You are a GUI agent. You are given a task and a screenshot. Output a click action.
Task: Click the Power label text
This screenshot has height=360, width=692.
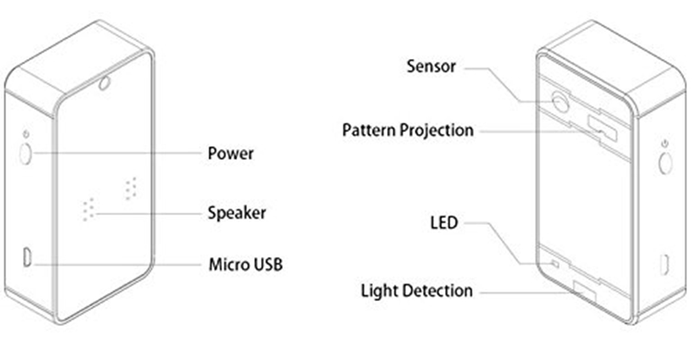pos(230,153)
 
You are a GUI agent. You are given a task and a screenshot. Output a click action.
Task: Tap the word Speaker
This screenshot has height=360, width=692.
pos(237,212)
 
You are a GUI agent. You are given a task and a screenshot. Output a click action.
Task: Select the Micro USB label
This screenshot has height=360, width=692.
pos(245,264)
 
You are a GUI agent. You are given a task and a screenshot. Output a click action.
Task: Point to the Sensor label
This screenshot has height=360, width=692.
pos(431,66)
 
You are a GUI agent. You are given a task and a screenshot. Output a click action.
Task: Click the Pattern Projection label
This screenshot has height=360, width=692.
pos(408,130)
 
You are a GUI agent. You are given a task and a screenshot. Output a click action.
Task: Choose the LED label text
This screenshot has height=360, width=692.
pos(443,224)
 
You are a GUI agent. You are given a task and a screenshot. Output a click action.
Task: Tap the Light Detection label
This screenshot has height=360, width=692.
pos(417,291)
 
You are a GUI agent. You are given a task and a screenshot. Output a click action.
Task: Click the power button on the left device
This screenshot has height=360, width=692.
pos(26,154)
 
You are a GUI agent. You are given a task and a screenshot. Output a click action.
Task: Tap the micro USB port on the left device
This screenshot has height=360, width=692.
pos(26,257)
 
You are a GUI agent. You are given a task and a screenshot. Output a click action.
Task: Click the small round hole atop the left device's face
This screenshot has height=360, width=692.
pos(104,84)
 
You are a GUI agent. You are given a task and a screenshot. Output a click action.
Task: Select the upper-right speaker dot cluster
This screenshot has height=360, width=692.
pos(130,188)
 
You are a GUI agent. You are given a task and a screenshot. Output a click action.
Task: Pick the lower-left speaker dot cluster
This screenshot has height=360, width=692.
pos(87,210)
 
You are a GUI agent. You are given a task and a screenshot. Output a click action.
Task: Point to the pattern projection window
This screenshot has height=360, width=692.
pos(601,127)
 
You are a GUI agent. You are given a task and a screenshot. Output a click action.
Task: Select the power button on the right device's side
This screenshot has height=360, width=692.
pos(666,163)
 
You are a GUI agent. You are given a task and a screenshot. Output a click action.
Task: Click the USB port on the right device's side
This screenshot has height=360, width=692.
pos(665,264)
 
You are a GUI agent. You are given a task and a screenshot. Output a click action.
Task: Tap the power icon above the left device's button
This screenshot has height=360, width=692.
pos(26,134)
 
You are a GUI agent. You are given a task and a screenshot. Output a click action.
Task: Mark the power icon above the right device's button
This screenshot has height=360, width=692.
pos(664,143)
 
